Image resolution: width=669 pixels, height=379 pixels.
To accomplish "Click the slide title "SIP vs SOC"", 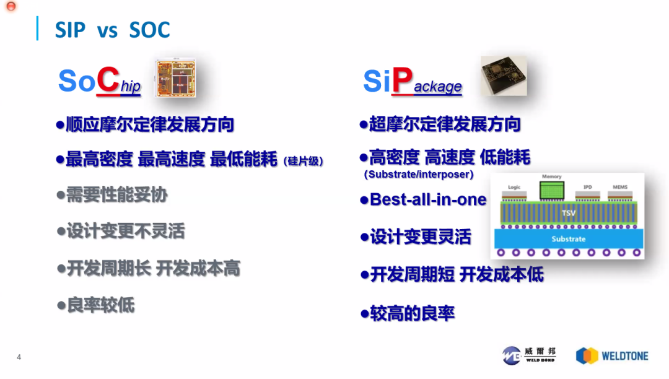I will [x=112, y=30].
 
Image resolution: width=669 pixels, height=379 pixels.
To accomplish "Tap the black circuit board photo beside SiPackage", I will [x=504, y=76].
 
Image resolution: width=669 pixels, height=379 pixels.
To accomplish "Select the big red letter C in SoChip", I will [x=108, y=81].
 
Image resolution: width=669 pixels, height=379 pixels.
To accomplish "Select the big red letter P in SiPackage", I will [x=402, y=81].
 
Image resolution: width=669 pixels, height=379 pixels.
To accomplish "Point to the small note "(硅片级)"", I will [x=304, y=161].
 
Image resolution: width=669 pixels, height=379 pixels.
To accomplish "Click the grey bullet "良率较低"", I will [x=100, y=305].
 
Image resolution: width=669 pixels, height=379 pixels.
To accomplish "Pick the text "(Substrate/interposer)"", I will [x=419, y=175].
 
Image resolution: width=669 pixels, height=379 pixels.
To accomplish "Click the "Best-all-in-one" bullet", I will [x=427, y=199].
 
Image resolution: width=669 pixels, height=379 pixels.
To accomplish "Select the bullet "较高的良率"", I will [x=412, y=313].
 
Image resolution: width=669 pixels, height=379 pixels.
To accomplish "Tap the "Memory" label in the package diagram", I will [x=551, y=176].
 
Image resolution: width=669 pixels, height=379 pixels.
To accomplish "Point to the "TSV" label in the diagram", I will [x=568, y=213].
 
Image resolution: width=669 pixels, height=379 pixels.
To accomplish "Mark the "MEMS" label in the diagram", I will [x=619, y=186].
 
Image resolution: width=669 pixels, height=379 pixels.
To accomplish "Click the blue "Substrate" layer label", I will [x=568, y=239].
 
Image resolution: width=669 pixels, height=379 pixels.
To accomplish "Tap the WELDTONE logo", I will [x=612, y=355].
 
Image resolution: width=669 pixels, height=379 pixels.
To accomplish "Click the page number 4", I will [x=19, y=357].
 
